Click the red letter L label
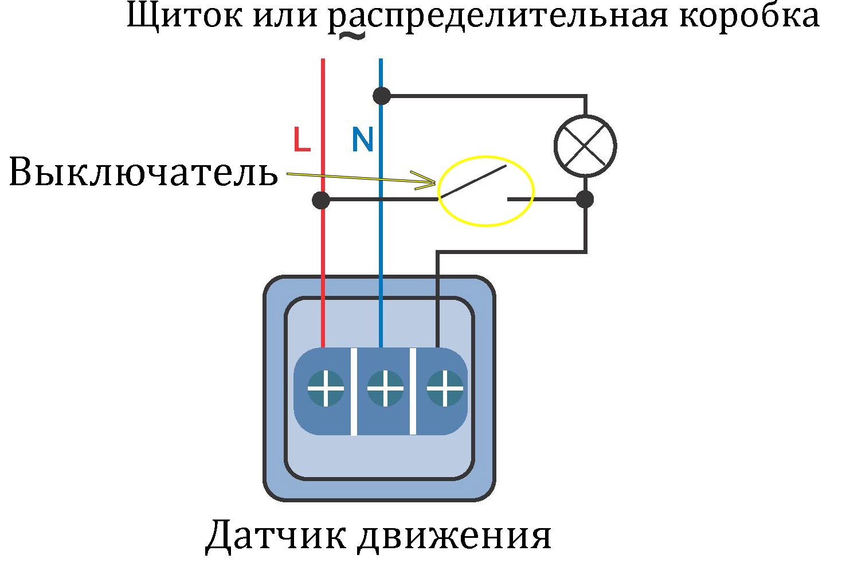(301, 139)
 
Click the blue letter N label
(363, 139)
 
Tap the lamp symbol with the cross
(585, 146)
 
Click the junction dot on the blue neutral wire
(382, 96)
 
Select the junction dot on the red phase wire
(321, 200)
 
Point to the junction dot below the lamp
(585, 199)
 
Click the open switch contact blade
(473, 182)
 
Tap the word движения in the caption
(455, 537)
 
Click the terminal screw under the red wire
(326, 389)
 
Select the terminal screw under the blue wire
(385, 389)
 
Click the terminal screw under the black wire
(445, 389)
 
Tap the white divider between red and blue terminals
(354, 392)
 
